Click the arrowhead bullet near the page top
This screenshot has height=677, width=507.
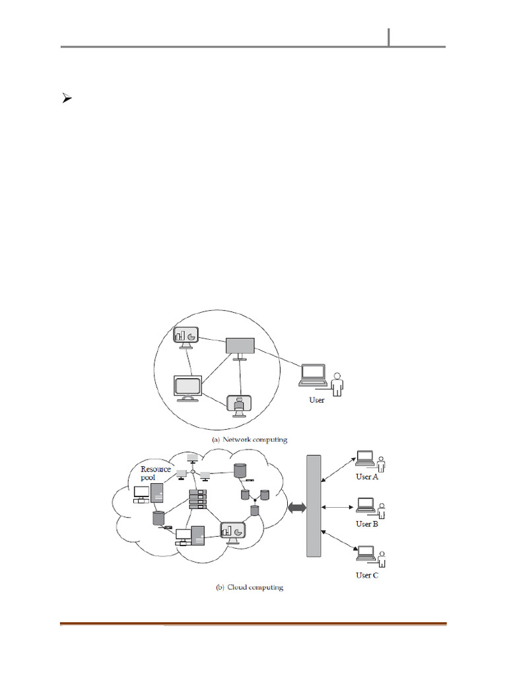(x=66, y=99)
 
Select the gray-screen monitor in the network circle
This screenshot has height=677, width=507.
(x=240, y=346)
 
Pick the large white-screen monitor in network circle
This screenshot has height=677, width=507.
(x=187, y=387)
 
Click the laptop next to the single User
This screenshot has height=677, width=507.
(x=313, y=375)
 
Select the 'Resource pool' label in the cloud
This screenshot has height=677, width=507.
(x=156, y=473)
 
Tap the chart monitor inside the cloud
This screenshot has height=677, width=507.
(x=232, y=530)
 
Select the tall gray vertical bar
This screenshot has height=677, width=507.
(x=314, y=506)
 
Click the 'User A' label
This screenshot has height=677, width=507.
(x=367, y=477)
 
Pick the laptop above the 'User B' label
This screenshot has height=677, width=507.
(x=366, y=506)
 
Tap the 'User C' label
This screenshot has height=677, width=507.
(x=367, y=575)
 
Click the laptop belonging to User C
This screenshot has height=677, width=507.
(x=366, y=553)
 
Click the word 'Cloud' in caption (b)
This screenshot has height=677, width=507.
(x=238, y=587)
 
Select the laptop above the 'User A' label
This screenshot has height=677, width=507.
(x=365, y=458)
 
